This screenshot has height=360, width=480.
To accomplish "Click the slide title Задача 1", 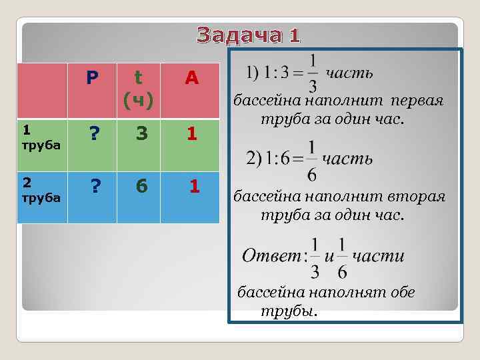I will coord(249,35).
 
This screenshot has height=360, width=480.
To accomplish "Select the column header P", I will coord(93,79).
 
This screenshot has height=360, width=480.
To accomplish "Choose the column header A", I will coord(191,79).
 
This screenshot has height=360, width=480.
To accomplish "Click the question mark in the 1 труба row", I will coord(95,134).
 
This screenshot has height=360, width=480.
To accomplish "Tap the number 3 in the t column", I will coord(141,134).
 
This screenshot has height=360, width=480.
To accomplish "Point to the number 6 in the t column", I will coord(141,187).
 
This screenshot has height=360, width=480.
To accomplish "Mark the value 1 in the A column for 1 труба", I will coord(191,134).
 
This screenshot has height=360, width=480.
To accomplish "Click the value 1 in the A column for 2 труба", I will coord(194,187).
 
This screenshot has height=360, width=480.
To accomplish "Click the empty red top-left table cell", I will coord(43,90).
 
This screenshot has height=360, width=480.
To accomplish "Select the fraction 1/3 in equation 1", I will coord(313,73).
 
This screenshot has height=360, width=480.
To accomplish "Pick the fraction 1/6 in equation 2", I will coord(312,160).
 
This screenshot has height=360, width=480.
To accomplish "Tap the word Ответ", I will coord(271,257).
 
